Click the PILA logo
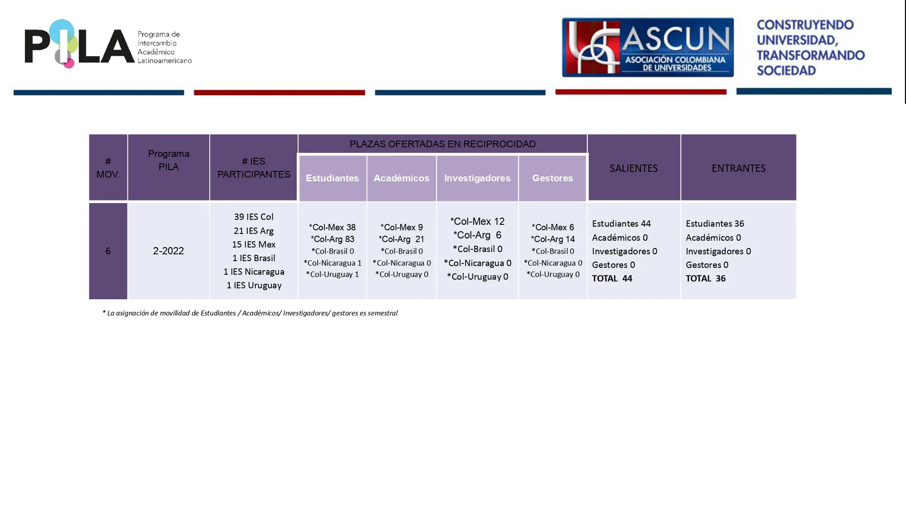(x=108, y=43)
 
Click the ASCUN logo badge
(x=647, y=47)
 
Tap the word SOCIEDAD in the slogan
(x=786, y=70)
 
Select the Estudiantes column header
(x=332, y=178)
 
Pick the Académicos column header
(x=401, y=178)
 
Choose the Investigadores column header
(x=477, y=178)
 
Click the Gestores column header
(x=553, y=178)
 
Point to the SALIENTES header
(x=633, y=168)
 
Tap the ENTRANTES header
(x=738, y=168)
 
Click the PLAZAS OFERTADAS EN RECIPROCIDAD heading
(x=442, y=144)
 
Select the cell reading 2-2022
(x=168, y=251)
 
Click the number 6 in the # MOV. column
(x=108, y=251)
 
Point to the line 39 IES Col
(x=253, y=217)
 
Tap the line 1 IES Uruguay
(x=254, y=285)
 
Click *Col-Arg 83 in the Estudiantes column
(x=332, y=239)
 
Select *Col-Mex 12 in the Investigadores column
(x=477, y=221)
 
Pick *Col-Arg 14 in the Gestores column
(x=553, y=239)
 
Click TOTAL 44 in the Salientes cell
(x=612, y=279)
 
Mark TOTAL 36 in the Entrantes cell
(x=705, y=279)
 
